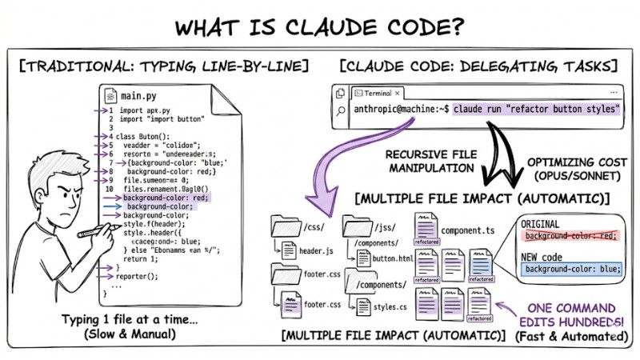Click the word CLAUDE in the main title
[343, 26]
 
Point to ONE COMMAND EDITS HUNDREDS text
[569, 314]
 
